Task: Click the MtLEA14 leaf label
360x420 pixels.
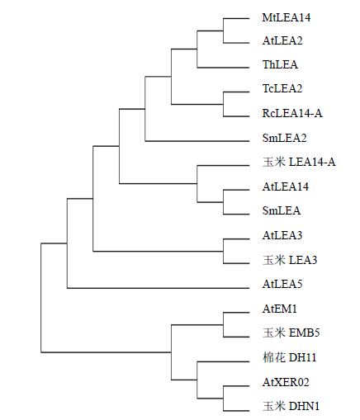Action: point(287,17)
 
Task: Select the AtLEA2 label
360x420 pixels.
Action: point(282,40)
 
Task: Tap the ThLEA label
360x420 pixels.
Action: point(280,64)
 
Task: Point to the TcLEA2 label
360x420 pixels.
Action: point(282,88)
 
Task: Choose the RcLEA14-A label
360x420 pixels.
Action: point(292,113)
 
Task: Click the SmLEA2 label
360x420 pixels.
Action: point(284,138)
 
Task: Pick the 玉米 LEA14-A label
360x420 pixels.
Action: point(299,162)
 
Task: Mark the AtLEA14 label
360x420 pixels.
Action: point(286,186)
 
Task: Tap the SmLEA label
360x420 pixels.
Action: point(282,210)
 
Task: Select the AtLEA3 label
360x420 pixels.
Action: point(282,235)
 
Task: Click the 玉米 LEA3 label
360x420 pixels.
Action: point(290,260)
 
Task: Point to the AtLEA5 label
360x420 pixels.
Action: point(282,284)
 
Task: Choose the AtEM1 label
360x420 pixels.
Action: point(280,309)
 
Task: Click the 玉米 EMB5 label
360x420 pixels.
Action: point(291,333)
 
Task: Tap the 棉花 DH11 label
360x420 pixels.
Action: point(290,357)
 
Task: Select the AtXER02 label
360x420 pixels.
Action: point(286,382)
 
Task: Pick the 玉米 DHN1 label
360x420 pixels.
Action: point(291,406)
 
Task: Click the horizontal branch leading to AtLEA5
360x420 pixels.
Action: point(159,288)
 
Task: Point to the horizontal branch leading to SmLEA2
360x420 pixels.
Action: point(197,141)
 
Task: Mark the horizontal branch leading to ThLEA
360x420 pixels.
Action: point(223,68)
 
